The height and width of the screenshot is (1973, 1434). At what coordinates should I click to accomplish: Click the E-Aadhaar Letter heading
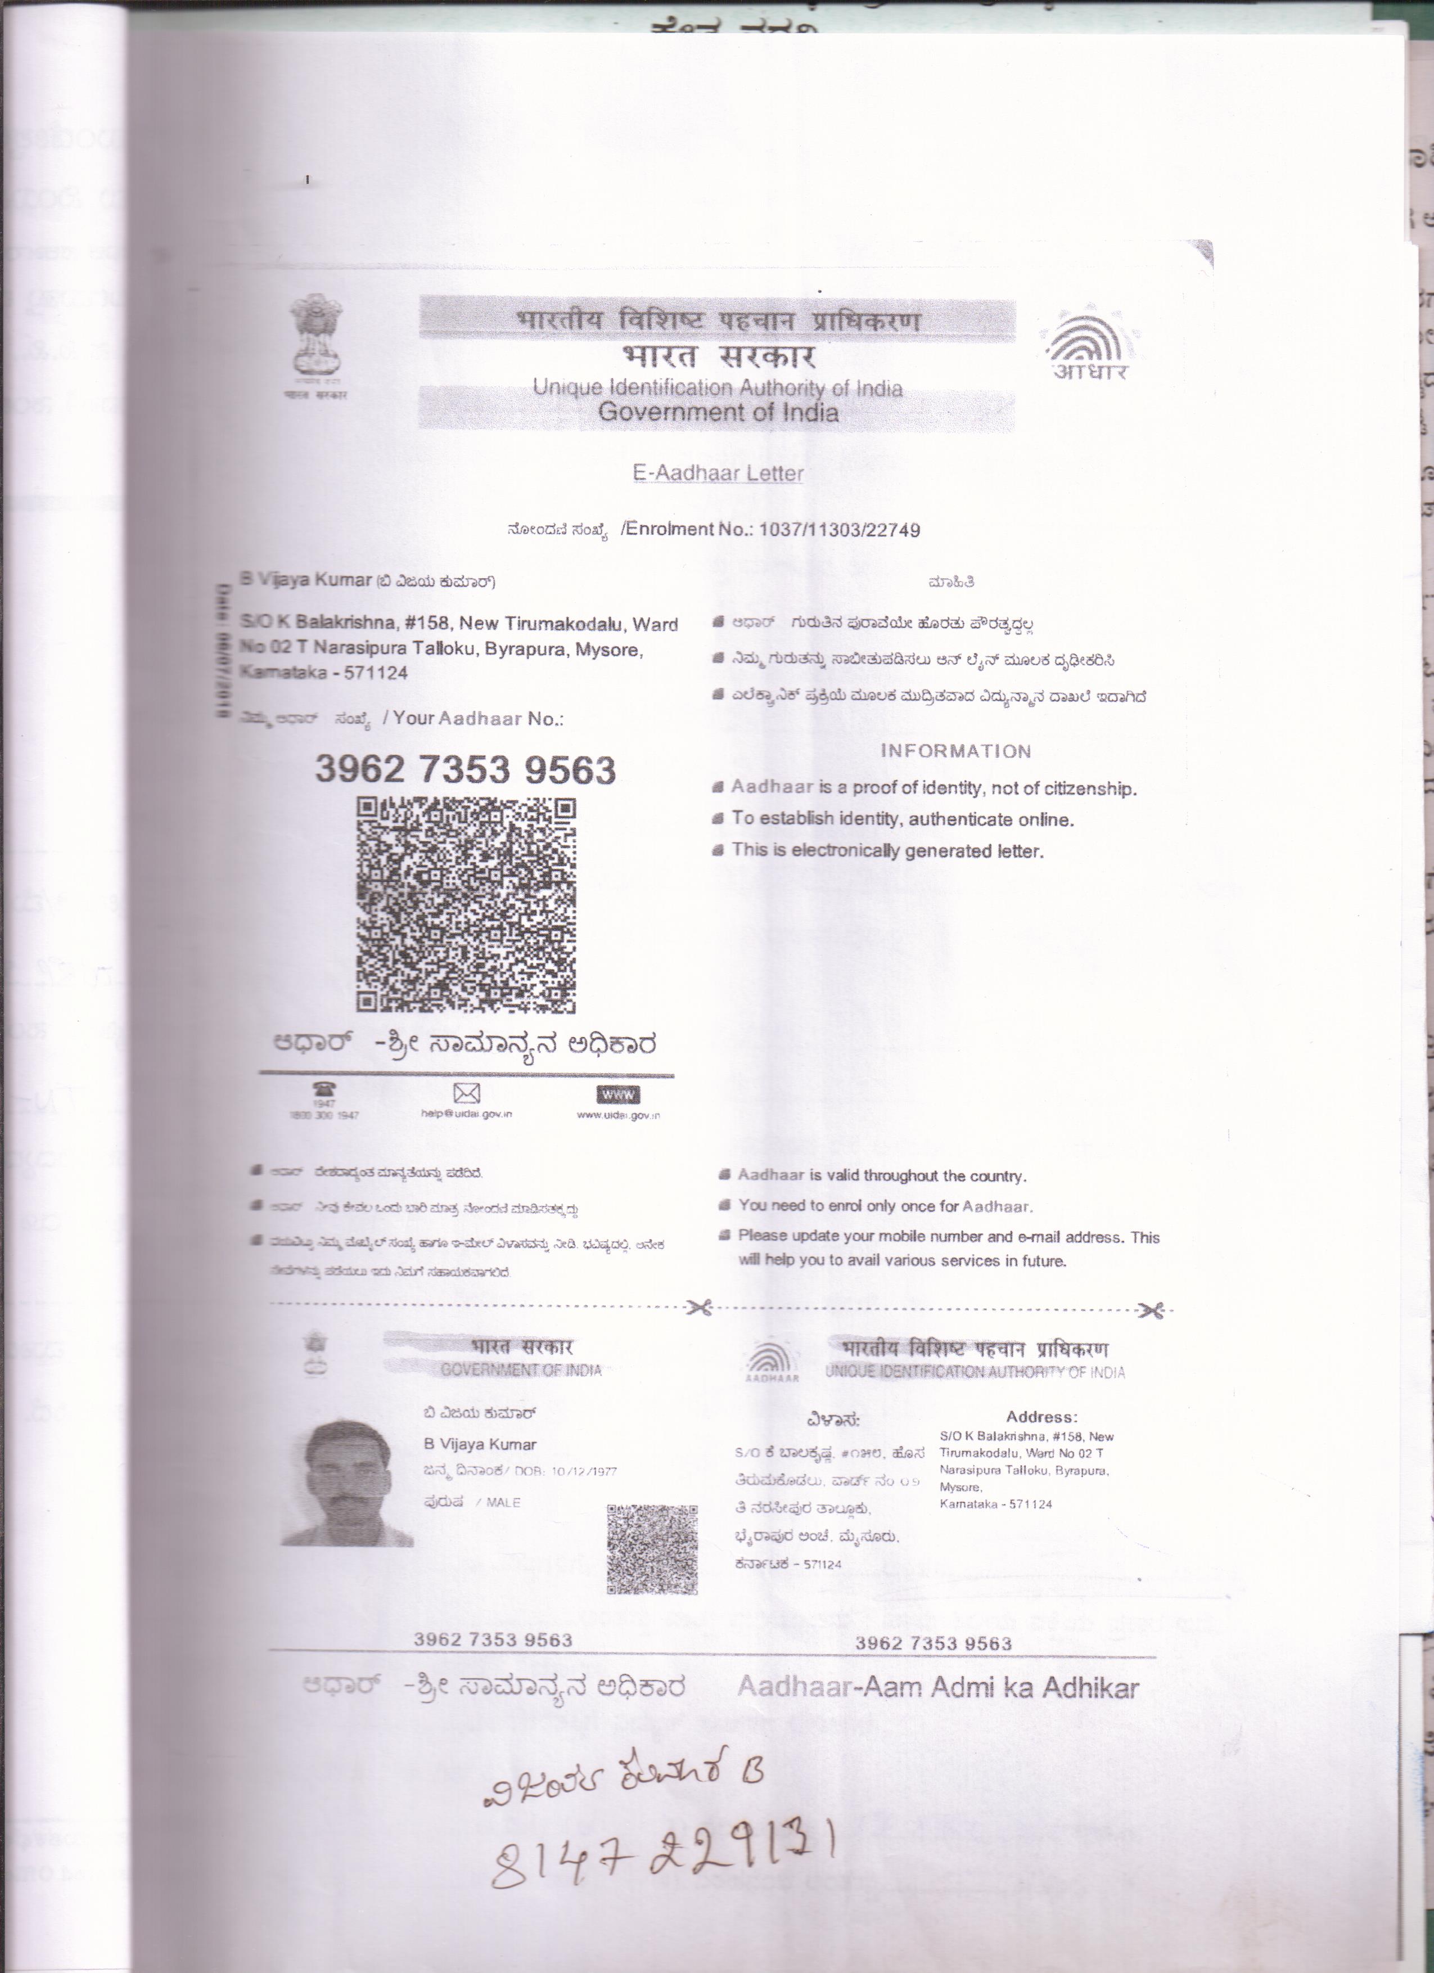[x=718, y=473]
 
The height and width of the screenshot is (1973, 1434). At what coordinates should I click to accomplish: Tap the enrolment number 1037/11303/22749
[x=839, y=530]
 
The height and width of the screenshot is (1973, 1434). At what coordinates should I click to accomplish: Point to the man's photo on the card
[x=345, y=1483]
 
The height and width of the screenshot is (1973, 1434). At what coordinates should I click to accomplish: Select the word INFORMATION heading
[x=955, y=751]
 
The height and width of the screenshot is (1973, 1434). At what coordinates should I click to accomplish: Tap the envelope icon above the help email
[x=467, y=1093]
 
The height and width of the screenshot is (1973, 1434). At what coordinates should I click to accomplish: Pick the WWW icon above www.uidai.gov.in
[x=617, y=1093]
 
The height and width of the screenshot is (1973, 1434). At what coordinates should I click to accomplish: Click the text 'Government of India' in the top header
[x=718, y=412]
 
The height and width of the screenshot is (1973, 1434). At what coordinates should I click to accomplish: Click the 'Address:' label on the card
[x=1041, y=1417]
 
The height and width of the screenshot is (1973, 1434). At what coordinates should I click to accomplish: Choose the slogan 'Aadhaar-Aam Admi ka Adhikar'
[x=937, y=1688]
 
